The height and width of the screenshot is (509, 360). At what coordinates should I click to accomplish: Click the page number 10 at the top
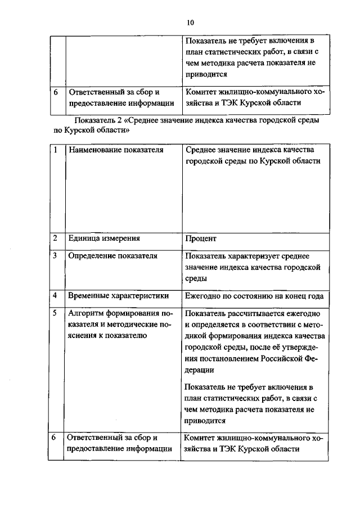coord(190,23)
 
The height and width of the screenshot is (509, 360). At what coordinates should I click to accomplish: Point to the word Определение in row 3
coord(92,256)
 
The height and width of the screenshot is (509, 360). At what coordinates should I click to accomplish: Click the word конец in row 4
coord(292,296)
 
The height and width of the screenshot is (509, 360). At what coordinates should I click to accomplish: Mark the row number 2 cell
coord(55,238)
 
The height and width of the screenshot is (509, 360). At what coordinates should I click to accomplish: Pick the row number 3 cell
coord(55,256)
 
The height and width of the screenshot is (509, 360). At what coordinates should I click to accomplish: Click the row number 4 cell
coord(55,296)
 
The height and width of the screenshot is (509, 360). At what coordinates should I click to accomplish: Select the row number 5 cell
coord(55,313)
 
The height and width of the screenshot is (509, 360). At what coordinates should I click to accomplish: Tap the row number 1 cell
coord(55,150)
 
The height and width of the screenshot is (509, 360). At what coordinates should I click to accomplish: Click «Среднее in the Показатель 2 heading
coord(147,120)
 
